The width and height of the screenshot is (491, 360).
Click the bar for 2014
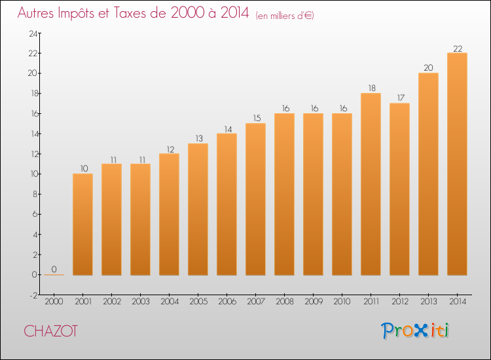coord(457,164)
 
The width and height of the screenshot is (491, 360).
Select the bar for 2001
coord(82,224)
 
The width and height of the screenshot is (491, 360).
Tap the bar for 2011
coord(371,184)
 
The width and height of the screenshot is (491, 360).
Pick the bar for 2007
coord(255,199)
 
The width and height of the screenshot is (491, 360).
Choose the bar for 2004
coord(169,214)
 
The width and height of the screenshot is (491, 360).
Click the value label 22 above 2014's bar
coord(457,48)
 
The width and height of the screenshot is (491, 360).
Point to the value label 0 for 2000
coord(54,269)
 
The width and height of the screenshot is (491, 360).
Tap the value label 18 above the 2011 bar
coord(371,88)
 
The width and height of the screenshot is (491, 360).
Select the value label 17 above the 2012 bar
coord(399,99)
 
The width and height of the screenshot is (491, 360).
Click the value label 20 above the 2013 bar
coord(428,68)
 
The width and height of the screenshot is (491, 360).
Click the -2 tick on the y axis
coord(31,295)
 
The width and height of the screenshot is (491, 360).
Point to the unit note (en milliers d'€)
coord(285,16)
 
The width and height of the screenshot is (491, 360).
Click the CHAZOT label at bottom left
coord(50,332)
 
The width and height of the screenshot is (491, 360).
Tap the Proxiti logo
coord(415,331)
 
